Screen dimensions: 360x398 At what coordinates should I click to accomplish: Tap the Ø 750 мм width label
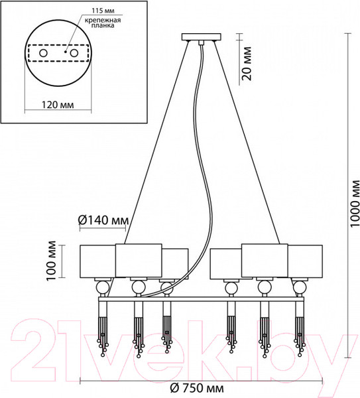tap(197, 388)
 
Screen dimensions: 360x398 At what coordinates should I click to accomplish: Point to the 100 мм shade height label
tap(52, 261)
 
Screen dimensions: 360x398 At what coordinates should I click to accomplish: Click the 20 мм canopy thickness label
tap(247, 64)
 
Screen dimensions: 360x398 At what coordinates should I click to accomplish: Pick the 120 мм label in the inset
tap(58, 105)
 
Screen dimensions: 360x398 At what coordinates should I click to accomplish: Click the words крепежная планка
tap(103, 23)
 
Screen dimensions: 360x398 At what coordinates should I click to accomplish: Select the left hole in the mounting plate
tap(43, 53)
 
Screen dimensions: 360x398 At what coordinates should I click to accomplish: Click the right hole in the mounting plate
tap(74, 53)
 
